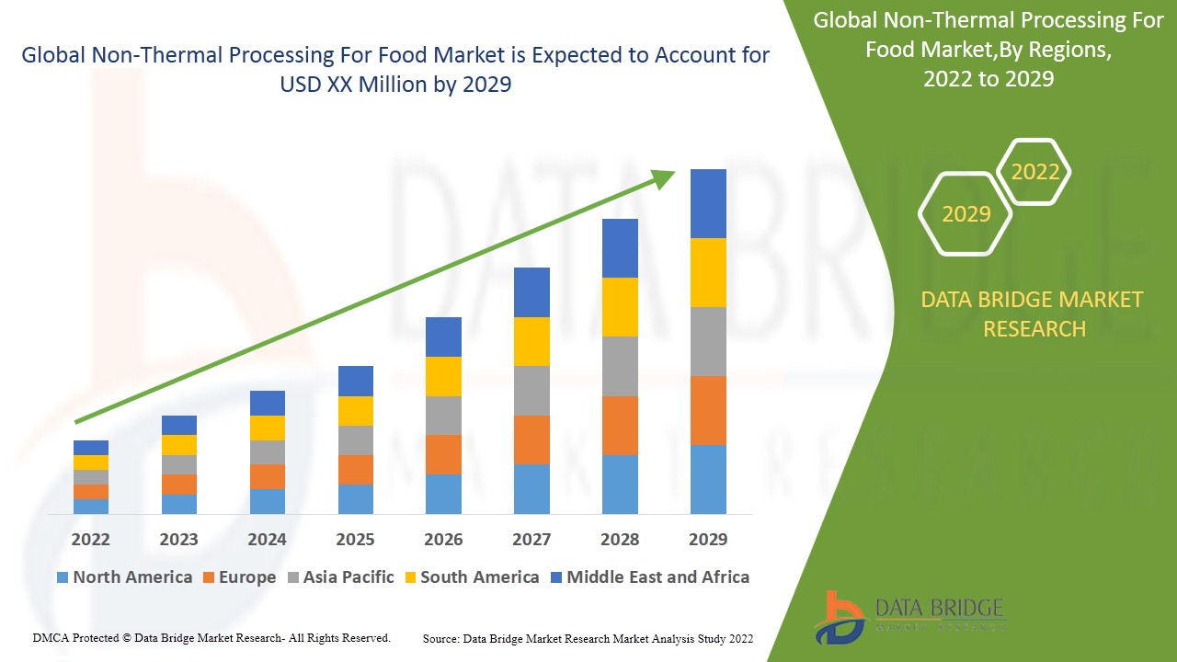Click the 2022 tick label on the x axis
tap(90, 539)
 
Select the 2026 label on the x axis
tap(443, 539)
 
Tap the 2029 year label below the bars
tap(708, 539)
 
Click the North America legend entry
tap(124, 577)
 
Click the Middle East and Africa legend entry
tap(649, 577)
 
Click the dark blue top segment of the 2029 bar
tap(708, 203)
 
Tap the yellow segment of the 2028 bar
tap(620, 306)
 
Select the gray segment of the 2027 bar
tap(531, 391)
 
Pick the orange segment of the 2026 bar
tap(443, 454)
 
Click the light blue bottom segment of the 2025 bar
tap(355, 498)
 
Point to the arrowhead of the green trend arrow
tap(664, 177)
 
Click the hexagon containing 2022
tap(1034, 172)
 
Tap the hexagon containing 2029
tap(966, 214)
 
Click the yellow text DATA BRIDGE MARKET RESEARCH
tap(1034, 314)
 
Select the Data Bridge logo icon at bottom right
tap(838, 617)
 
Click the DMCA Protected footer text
tap(211, 637)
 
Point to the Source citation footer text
tap(588, 638)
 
